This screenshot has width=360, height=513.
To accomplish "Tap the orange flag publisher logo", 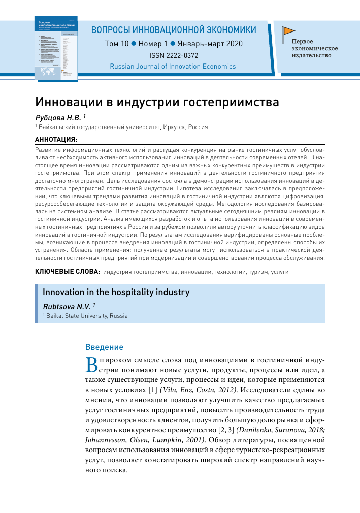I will click(x=288, y=31).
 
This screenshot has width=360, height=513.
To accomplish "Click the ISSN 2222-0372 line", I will click(x=174, y=55).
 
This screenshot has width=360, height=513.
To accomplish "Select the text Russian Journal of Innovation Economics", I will click(x=173, y=66).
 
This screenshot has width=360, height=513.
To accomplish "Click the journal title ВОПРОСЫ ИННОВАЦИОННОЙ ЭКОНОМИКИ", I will click(x=174, y=30).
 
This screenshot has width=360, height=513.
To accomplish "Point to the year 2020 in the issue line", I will click(x=234, y=44).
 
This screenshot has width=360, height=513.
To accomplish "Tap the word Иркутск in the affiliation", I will click(x=174, y=127).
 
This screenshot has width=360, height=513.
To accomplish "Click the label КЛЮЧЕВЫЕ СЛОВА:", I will click(x=67, y=272).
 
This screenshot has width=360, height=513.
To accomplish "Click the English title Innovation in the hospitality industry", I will click(x=116, y=292).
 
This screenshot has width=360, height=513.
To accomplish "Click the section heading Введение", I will click(x=104, y=347).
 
